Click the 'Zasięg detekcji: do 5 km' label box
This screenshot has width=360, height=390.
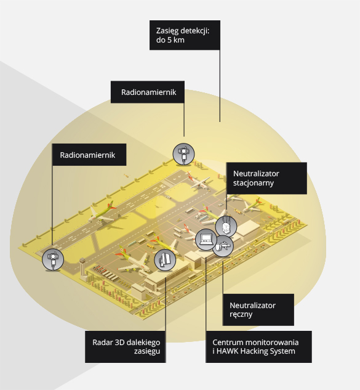(185, 35)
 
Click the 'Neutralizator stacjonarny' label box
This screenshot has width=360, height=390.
(266, 178)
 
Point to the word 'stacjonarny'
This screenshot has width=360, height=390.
(254, 183)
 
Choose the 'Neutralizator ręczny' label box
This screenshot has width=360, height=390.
(258, 310)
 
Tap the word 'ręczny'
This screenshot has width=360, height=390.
(241, 314)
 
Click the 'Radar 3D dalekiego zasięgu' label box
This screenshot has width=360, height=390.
(125, 347)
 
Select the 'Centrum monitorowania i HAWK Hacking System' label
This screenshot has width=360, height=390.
(258, 347)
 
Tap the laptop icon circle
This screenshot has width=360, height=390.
(206, 240)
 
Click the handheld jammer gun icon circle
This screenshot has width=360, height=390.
(223, 246)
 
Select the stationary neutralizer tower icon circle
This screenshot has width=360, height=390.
(226, 227)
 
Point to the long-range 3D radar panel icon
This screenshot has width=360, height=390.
(165, 260)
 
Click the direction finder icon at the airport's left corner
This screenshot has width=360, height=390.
(53, 259)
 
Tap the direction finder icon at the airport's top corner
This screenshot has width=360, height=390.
(183, 154)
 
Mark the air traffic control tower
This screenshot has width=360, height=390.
(82, 267)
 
